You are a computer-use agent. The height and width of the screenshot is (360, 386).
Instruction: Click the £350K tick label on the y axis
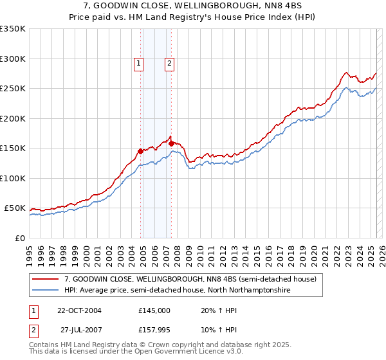coord(13,29)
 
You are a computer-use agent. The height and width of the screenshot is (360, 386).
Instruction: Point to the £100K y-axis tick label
coord(13,178)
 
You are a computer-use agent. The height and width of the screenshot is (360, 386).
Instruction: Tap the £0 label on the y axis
coord(19,238)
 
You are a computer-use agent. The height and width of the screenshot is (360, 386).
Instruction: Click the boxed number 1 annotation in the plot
coord(139,63)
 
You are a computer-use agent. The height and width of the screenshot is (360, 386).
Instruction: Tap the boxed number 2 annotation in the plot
coord(169,63)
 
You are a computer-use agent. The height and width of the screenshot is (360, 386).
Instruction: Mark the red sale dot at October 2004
coord(140,151)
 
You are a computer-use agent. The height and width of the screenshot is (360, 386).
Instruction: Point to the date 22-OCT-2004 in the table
coord(79,310)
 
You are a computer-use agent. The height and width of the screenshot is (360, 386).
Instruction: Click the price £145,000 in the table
coord(154,310)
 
